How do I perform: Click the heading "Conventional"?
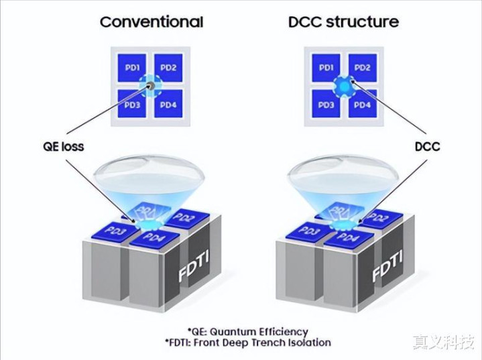(x=152, y=21)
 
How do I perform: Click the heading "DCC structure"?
(x=343, y=21)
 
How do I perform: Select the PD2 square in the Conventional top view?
(x=168, y=68)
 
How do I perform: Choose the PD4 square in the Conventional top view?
(x=168, y=105)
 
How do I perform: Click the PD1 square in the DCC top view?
(x=326, y=68)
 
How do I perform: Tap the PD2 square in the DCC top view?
(x=361, y=68)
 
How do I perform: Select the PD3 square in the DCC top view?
(x=326, y=105)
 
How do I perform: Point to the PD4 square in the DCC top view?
(x=361, y=105)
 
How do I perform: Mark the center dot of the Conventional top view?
(x=151, y=86)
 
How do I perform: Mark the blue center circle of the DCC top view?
(x=343, y=86)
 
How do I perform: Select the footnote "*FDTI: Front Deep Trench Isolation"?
(x=248, y=343)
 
